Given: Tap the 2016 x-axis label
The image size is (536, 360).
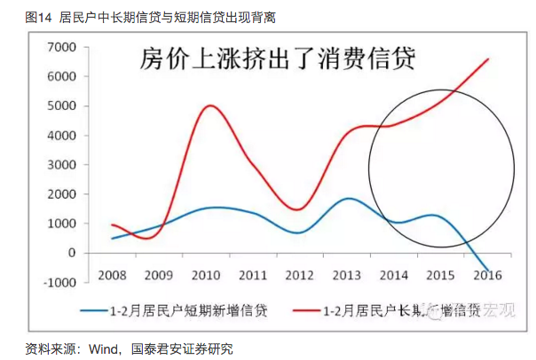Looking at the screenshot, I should (486, 275).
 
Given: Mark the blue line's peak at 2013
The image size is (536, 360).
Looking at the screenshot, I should (349, 199).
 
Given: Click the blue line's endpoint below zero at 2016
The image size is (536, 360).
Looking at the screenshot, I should (487, 270).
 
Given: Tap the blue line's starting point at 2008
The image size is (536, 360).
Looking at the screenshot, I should (113, 238).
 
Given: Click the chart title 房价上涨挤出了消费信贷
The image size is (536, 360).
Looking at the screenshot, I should (279, 59).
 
